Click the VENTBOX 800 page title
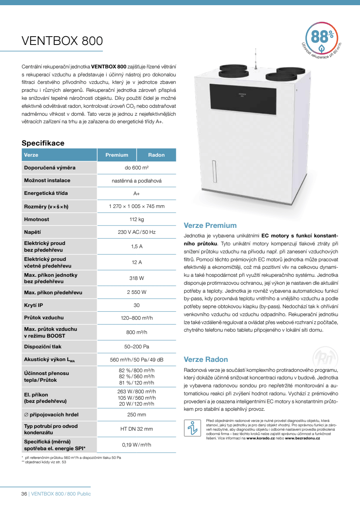pos(62,41)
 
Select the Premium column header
pos(117,155)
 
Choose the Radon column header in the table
pos(156,155)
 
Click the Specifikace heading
pos(43,143)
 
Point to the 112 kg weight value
pos(136,219)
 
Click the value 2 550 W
pos(136,292)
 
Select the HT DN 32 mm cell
pos(136,429)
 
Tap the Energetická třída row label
pos(46,193)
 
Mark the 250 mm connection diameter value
pos(136,415)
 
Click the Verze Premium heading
pos(210,225)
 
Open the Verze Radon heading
pos(206,359)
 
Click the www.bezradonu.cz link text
pos(302,438)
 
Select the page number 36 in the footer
pos(24,494)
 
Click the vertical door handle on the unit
pos(214,171)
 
